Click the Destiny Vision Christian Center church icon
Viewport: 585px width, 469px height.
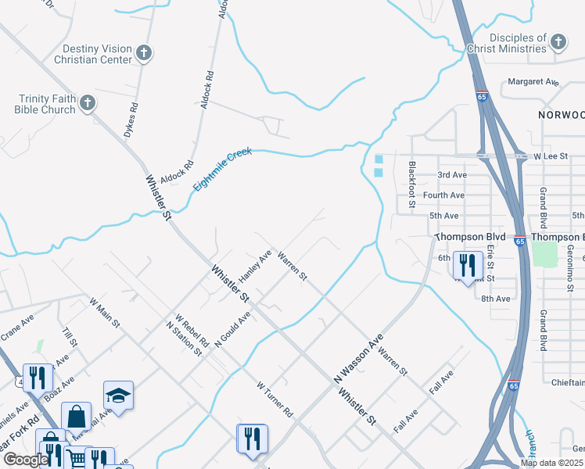tap(143, 52)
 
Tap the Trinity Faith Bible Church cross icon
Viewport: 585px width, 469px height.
tap(88, 102)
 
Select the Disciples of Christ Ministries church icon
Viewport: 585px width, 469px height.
tap(558, 42)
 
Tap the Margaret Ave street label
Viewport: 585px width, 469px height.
tap(533, 81)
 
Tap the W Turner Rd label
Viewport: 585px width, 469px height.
tap(275, 399)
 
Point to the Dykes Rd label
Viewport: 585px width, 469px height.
tap(131, 121)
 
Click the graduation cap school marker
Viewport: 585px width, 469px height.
tap(118, 395)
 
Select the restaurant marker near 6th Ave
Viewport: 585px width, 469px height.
tap(468, 265)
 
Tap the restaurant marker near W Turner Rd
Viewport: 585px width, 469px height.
tap(253, 438)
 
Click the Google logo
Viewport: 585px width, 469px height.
tap(24, 460)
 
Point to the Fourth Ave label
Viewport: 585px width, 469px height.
tap(443, 195)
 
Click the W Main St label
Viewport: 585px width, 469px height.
tap(105, 312)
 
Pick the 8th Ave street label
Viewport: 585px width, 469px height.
tap(496, 299)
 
